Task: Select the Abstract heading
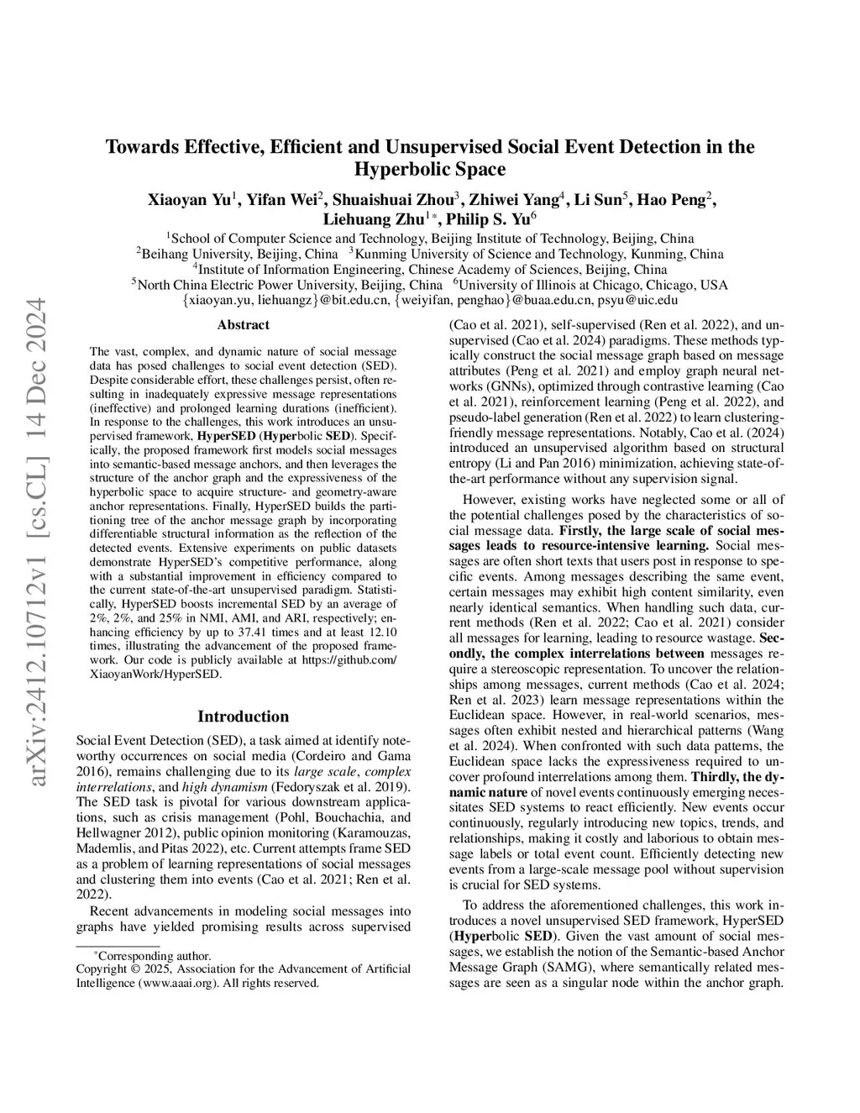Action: click(243, 325)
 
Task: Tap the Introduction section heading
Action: click(243, 717)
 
